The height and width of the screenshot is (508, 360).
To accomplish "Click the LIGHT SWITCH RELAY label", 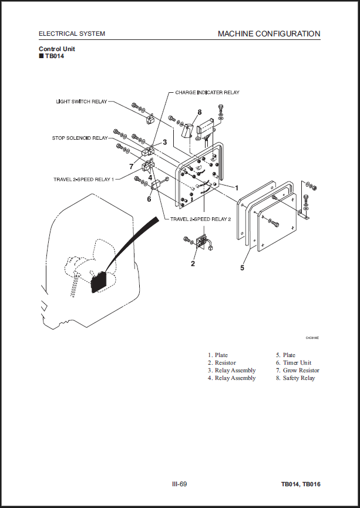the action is (x=82, y=102).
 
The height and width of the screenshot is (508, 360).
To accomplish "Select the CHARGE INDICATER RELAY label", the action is (x=207, y=92).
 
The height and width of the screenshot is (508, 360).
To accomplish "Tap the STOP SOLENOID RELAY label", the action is (x=80, y=138).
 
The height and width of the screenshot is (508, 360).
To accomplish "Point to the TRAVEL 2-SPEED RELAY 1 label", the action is (x=83, y=179).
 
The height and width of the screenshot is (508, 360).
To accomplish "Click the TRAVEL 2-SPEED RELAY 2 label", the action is (x=201, y=219).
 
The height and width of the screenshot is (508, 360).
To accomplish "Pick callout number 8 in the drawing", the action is (x=200, y=112).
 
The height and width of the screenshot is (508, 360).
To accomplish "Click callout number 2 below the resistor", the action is (x=193, y=264).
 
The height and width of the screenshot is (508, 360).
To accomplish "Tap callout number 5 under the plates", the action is (x=242, y=268).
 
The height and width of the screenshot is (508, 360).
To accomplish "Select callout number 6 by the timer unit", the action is (x=149, y=199).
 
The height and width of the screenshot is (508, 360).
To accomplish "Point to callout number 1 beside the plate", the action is (x=237, y=188).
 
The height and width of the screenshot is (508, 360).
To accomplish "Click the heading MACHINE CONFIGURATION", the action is (x=269, y=33).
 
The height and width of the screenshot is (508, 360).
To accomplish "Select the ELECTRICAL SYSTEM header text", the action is (x=72, y=33).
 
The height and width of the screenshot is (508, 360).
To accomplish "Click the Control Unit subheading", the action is (x=57, y=49).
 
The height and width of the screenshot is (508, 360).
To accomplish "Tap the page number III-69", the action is (x=180, y=484).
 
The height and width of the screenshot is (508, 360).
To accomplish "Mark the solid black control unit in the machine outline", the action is (x=99, y=281).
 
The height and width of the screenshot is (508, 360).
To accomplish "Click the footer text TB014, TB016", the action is (x=301, y=485).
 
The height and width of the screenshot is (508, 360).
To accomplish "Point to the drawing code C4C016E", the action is (x=312, y=338).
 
